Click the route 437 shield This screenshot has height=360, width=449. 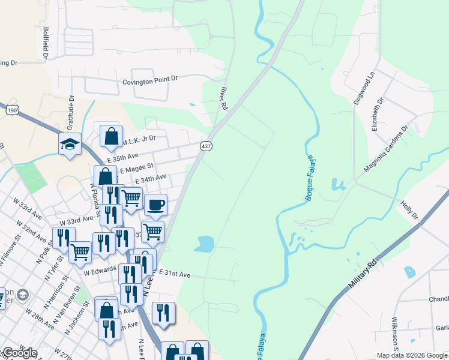(x=206, y=146)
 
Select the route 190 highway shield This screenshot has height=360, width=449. (x=12, y=110)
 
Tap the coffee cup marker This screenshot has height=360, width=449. (x=156, y=205)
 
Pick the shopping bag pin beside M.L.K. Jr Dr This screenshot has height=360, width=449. (x=112, y=136)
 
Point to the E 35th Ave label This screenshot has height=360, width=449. (x=123, y=156)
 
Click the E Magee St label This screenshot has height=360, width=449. (x=137, y=167)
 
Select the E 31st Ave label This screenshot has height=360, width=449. (x=175, y=274)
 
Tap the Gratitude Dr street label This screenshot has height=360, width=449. (x=70, y=113)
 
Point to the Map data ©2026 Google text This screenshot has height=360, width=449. (x=411, y=355)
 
